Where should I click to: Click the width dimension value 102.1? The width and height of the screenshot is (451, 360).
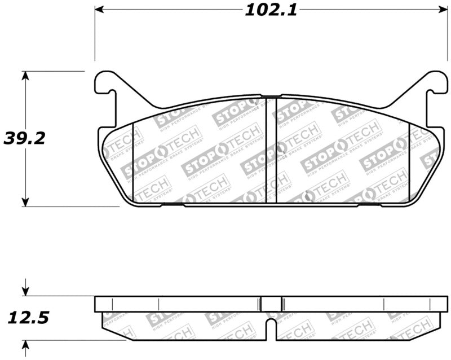(x=270, y=10)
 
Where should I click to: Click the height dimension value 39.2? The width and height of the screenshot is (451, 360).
(x=24, y=138)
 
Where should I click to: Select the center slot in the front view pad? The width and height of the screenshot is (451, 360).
(x=271, y=150)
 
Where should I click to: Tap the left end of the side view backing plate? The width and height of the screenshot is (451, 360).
(x=96, y=304)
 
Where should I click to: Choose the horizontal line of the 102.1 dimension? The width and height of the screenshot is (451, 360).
(x=169, y=10)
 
